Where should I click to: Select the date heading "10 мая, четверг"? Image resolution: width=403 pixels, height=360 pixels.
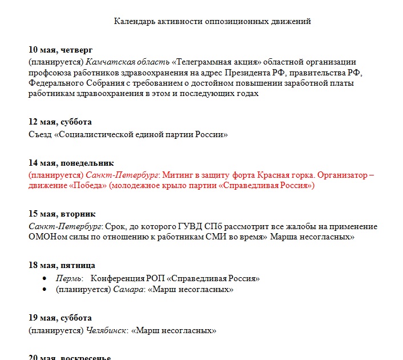click(x=61, y=50)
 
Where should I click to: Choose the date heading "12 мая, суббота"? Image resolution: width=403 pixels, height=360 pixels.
click(x=60, y=122)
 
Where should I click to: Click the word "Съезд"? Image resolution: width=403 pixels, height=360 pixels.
click(x=39, y=135)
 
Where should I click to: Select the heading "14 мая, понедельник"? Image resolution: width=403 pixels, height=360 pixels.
click(x=71, y=163)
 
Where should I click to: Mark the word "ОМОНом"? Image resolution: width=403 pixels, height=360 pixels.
click(x=48, y=237)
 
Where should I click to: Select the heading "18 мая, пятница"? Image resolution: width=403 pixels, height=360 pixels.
click(x=62, y=266)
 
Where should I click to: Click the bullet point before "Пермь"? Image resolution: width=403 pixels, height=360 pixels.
click(x=45, y=279)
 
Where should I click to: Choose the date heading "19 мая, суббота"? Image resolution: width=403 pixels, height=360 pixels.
click(x=60, y=318)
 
